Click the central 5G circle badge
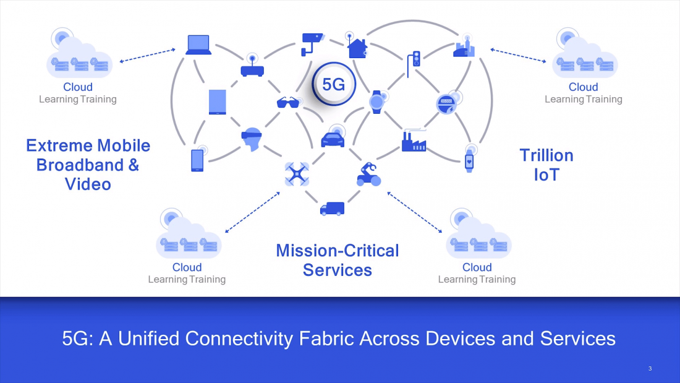(x=334, y=85)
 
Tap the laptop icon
(x=198, y=45)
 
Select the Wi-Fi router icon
(x=252, y=67)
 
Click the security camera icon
(x=312, y=43)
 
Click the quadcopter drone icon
(x=297, y=173)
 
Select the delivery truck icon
(x=332, y=209)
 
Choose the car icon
(x=333, y=139)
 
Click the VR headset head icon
(x=250, y=139)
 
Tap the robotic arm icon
(x=368, y=174)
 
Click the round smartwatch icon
(x=376, y=102)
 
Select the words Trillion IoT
(x=546, y=165)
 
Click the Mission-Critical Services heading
(x=338, y=260)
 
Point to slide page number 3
(x=650, y=369)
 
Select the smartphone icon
(x=197, y=160)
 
